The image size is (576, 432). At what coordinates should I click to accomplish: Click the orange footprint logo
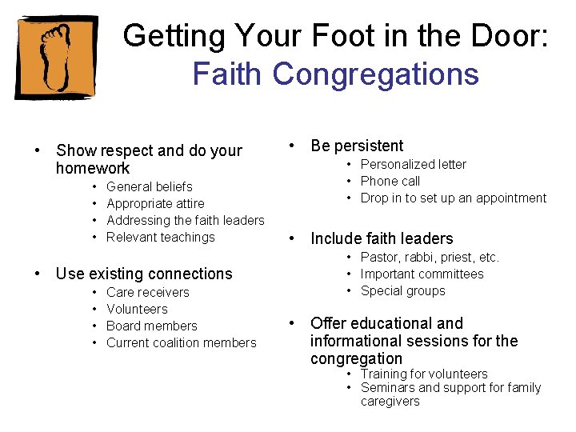pos(56,58)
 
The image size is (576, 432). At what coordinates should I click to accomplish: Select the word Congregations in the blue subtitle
pos(376,74)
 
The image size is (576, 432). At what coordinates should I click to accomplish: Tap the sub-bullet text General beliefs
pos(150,186)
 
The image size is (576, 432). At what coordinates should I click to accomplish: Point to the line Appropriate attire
pos(155,203)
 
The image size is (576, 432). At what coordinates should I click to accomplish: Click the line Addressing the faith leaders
pos(185,220)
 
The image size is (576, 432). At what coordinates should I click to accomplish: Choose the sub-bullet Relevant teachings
pos(161,237)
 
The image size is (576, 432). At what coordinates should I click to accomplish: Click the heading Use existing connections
pos(144,274)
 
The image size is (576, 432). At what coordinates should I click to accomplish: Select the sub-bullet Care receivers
pos(148,292)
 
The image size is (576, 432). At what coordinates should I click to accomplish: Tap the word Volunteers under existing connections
pos(137,309)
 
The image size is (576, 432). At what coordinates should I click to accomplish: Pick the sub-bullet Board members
pos(151,326)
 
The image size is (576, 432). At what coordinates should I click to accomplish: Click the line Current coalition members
pos(182,342)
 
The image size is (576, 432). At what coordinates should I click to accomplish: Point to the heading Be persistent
pos(357,146)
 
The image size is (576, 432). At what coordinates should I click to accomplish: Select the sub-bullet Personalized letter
pos(414,164)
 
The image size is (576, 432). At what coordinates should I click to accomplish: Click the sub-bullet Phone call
pos(390,181)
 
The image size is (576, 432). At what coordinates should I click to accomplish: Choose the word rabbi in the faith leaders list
pos(417,257)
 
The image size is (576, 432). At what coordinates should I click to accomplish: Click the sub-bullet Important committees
pos(422,274)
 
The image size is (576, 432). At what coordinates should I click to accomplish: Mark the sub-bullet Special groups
pos(403,290)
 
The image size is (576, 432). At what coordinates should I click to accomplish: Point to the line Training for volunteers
pos(424,374)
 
